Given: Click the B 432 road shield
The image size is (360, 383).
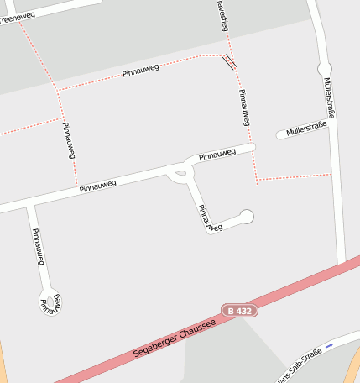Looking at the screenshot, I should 239,311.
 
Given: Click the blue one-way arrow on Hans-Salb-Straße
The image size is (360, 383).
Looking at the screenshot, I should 330,345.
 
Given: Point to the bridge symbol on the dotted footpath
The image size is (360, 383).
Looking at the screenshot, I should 229,61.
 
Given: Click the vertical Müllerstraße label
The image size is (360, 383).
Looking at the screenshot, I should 328,97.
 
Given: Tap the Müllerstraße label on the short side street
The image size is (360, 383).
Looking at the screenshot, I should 305,129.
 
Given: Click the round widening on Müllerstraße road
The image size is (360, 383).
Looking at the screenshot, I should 325,68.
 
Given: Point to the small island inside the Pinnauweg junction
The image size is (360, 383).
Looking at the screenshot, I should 177,175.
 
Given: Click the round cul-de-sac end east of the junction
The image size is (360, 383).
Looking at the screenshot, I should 246,217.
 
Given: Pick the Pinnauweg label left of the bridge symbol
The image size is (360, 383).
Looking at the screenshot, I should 141,72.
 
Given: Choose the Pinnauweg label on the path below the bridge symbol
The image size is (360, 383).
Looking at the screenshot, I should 244,108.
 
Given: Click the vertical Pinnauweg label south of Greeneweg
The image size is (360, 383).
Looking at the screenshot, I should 69,140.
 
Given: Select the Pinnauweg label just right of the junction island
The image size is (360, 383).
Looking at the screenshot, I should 217,155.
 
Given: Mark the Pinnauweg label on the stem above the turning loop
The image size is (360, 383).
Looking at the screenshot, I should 36,247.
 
